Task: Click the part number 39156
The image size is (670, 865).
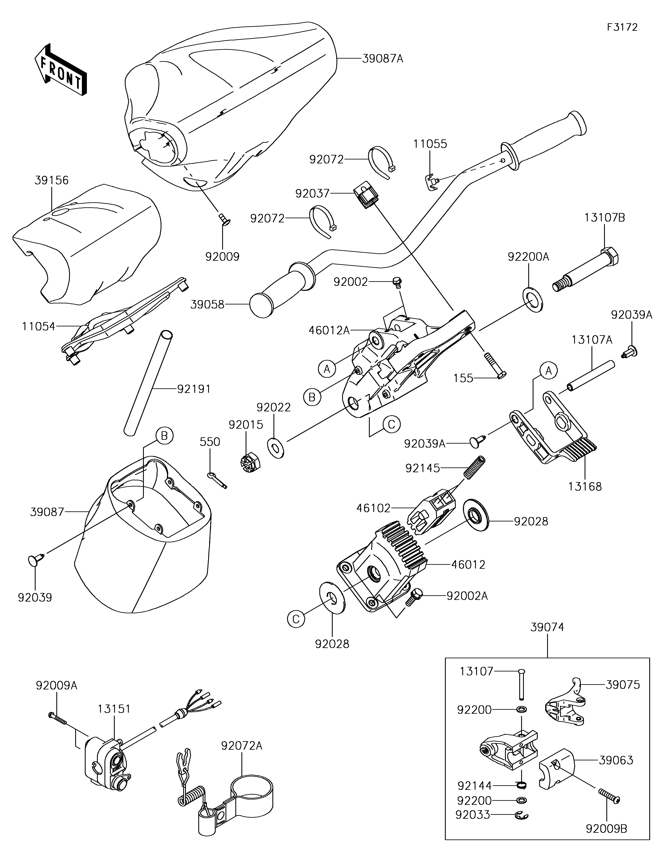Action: coord(52,180)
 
